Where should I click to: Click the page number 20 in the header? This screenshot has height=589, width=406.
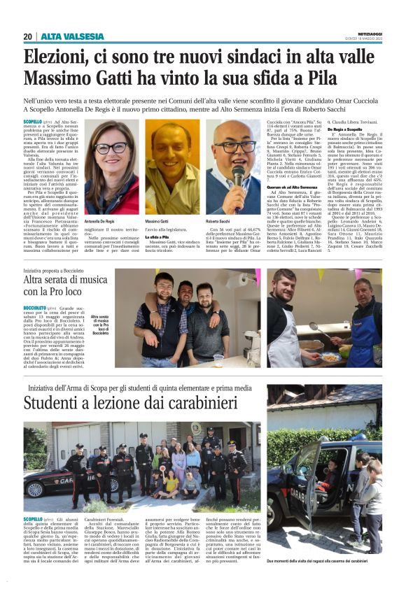(28, 36)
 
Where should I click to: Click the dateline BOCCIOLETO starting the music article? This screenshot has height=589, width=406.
(36, 308)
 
